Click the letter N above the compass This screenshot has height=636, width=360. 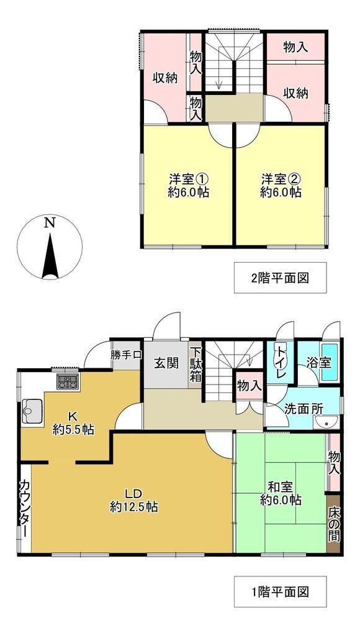pos(50,223)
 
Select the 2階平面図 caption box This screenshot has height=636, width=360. pos(280,278)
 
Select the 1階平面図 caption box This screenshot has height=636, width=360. pos(280,591)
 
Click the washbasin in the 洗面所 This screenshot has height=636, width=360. pos(326,422)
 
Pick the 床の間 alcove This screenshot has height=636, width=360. pos(334,524)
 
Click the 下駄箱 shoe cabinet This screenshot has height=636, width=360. pos(197,365)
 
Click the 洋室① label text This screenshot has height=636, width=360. pos(189,178)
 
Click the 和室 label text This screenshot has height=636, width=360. pos(281,486)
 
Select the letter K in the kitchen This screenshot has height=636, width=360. pos(73,416)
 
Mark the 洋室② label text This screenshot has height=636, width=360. pos(281,178)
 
